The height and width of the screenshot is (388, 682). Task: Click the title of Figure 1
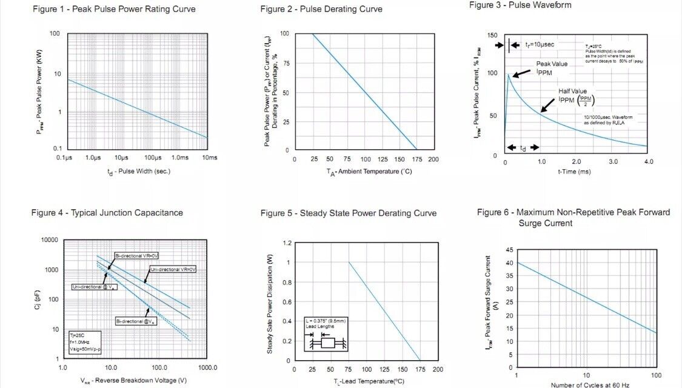pos(113,9)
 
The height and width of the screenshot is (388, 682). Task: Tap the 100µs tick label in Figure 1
pos(152,158)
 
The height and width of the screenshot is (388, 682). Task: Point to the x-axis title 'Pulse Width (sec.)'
pos(139,171)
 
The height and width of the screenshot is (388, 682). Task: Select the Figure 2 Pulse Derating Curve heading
pos(321,9)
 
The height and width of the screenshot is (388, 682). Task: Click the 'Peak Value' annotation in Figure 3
pos(551,64)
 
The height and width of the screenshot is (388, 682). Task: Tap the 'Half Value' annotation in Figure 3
pos(572,91)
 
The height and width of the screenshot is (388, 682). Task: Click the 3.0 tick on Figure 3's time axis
pos(613,162)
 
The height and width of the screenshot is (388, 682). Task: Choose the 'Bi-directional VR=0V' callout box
pos(136,256)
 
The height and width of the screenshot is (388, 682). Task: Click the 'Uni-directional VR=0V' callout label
pos(174,269)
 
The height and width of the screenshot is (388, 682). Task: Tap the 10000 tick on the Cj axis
pos(48,240)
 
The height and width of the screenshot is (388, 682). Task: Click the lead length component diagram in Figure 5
pos(326,335)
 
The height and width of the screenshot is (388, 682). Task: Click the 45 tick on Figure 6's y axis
pos(509,250)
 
